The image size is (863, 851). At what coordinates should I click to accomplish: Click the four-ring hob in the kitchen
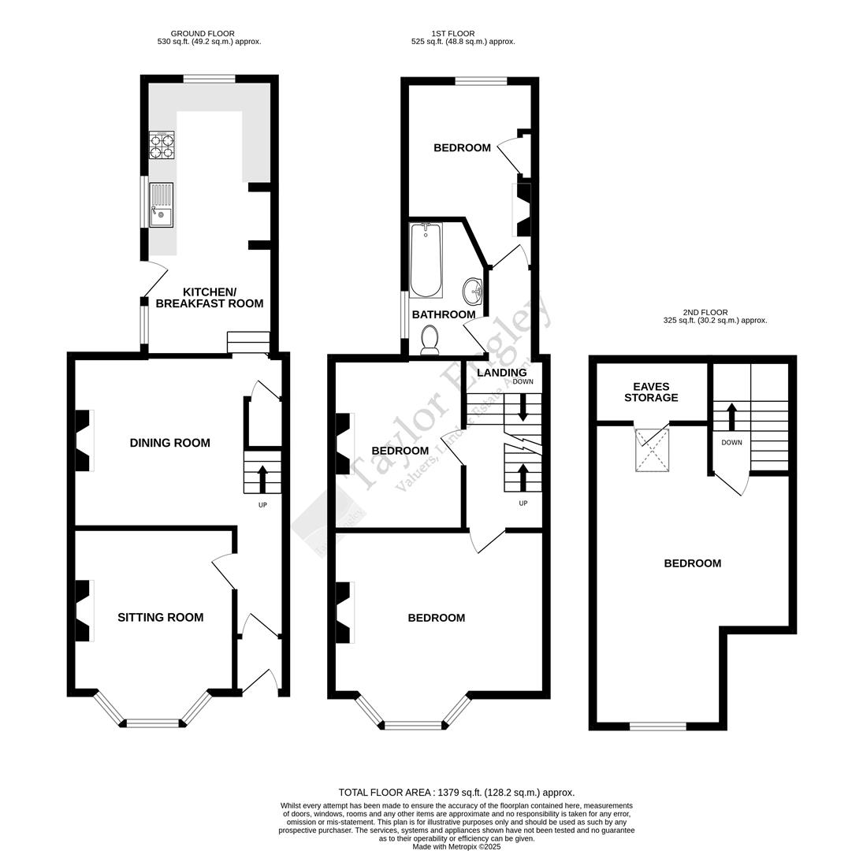[x=162, y=145]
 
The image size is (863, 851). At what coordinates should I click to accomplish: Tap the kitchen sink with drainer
[x=161, y=205]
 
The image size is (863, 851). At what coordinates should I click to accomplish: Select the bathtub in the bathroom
[x=426, y=260]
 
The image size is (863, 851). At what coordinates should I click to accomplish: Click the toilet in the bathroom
[x=430, y=340]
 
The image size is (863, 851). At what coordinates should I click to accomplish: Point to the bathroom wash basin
[x=473, y=291]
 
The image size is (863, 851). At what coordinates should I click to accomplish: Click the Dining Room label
[x=169, y=443]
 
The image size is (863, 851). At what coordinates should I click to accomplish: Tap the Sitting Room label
[x=160, y=618]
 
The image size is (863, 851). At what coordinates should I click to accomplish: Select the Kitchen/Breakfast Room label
[x=209, y=298]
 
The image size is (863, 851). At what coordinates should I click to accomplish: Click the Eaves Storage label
[x=651, y=392]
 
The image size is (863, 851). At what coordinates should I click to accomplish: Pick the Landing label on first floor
[x=501, y=373]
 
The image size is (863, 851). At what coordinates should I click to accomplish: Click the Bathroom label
[x=444, y=314]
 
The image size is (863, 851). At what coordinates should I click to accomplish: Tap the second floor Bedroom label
[x=692, y=563]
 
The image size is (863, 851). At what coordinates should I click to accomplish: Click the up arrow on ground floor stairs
[x=262, y=479]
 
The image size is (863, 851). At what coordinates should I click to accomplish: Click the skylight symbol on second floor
[x=652, y=450]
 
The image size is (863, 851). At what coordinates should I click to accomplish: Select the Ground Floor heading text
[x=203, y=34]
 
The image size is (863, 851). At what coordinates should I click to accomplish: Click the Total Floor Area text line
[x=456, y=793]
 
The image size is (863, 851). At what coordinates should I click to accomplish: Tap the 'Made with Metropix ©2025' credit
[x=456, y=846]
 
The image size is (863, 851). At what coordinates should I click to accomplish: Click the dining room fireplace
[x=83, y=441]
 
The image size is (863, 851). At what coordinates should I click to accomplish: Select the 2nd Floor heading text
[x=706, y=313]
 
